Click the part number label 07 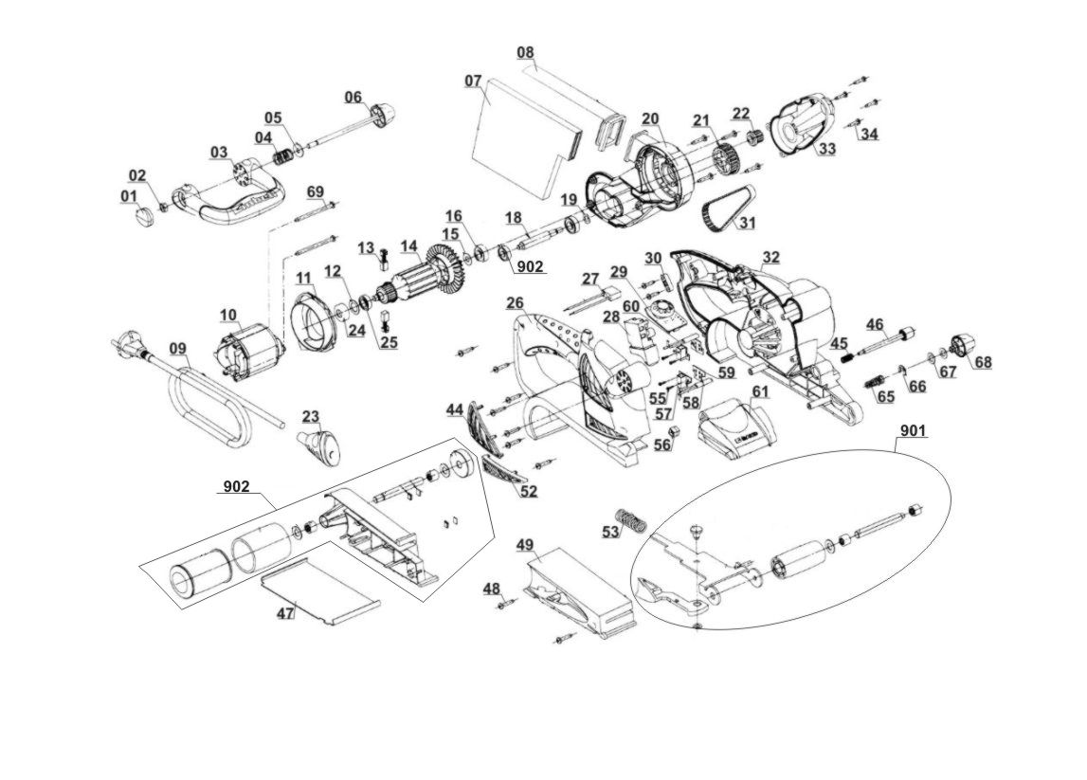click(x=473, y=81)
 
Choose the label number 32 click(x=771, y=257)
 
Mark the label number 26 click(x=515, y=303)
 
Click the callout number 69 click(x=316, y=192)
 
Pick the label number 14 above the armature click(x=409, y=246)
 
